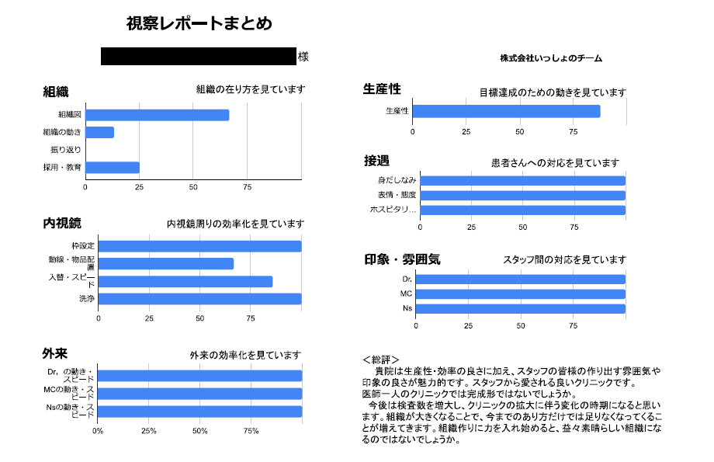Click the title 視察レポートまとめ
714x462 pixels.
pos(199,24)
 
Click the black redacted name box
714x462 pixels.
pos(199,57)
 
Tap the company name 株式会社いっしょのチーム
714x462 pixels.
pos(551,58)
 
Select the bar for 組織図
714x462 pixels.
pos(157,115)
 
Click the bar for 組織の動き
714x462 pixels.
pos(99,133)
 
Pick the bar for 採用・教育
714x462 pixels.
pos(112,168)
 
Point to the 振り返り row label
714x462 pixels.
pos(66,150)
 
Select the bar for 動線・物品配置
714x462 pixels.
pos(166,264)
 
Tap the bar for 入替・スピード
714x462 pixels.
pos(185,282)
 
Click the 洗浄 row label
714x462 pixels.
pos(86,299)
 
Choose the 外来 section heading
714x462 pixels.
pos(54,353)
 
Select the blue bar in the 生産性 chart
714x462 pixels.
pos(506,111)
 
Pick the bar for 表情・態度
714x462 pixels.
pos(522,196)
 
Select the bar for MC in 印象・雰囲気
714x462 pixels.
pos(520,294)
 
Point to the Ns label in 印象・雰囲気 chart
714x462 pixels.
pos(407,309)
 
